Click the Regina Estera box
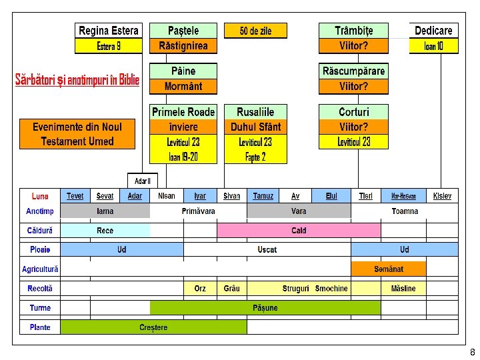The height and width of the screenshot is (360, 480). (109, 31)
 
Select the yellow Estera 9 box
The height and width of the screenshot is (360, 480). (109, 46)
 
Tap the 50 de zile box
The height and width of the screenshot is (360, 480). (255, 31)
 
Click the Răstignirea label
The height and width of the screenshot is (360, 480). (183, 46)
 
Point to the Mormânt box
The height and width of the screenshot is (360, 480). (183, 86)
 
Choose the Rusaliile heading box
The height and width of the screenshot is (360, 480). (255, 112)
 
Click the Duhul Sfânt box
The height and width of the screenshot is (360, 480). (255, 127)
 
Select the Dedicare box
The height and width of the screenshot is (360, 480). (433, 31)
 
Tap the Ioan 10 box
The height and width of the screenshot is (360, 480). (433, 46)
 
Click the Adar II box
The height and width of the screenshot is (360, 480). (143, 181)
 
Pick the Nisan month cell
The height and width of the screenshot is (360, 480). (167, 196)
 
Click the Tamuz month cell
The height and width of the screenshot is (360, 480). (263, 196)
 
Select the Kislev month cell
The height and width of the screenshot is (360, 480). (442, 196)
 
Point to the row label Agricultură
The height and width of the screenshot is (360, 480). (40, 269)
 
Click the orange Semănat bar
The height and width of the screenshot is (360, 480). (389, 269)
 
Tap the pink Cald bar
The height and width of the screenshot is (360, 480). (299, 231)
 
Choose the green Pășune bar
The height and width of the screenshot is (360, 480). (265, 308)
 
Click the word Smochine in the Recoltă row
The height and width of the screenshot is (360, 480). (331, 289)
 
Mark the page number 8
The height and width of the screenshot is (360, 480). (472, 352)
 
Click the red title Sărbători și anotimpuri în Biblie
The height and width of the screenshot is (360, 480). (77, 80)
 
